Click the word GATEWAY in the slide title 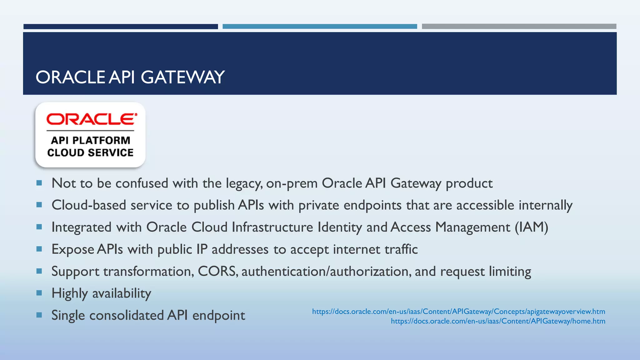[183, 77]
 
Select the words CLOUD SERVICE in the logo [90, 152]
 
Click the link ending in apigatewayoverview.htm [458, 312]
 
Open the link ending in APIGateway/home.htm [498, 321]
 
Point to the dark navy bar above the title [121, 27]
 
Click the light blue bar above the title [320, 27]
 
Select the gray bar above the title [519, 27]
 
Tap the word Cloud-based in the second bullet [89, 205]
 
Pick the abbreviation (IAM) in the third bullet [532, 227]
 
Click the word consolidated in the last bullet [127, 315]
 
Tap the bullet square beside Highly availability [39, 293]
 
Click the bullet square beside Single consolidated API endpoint [39, 315]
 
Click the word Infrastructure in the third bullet [272, 227]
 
